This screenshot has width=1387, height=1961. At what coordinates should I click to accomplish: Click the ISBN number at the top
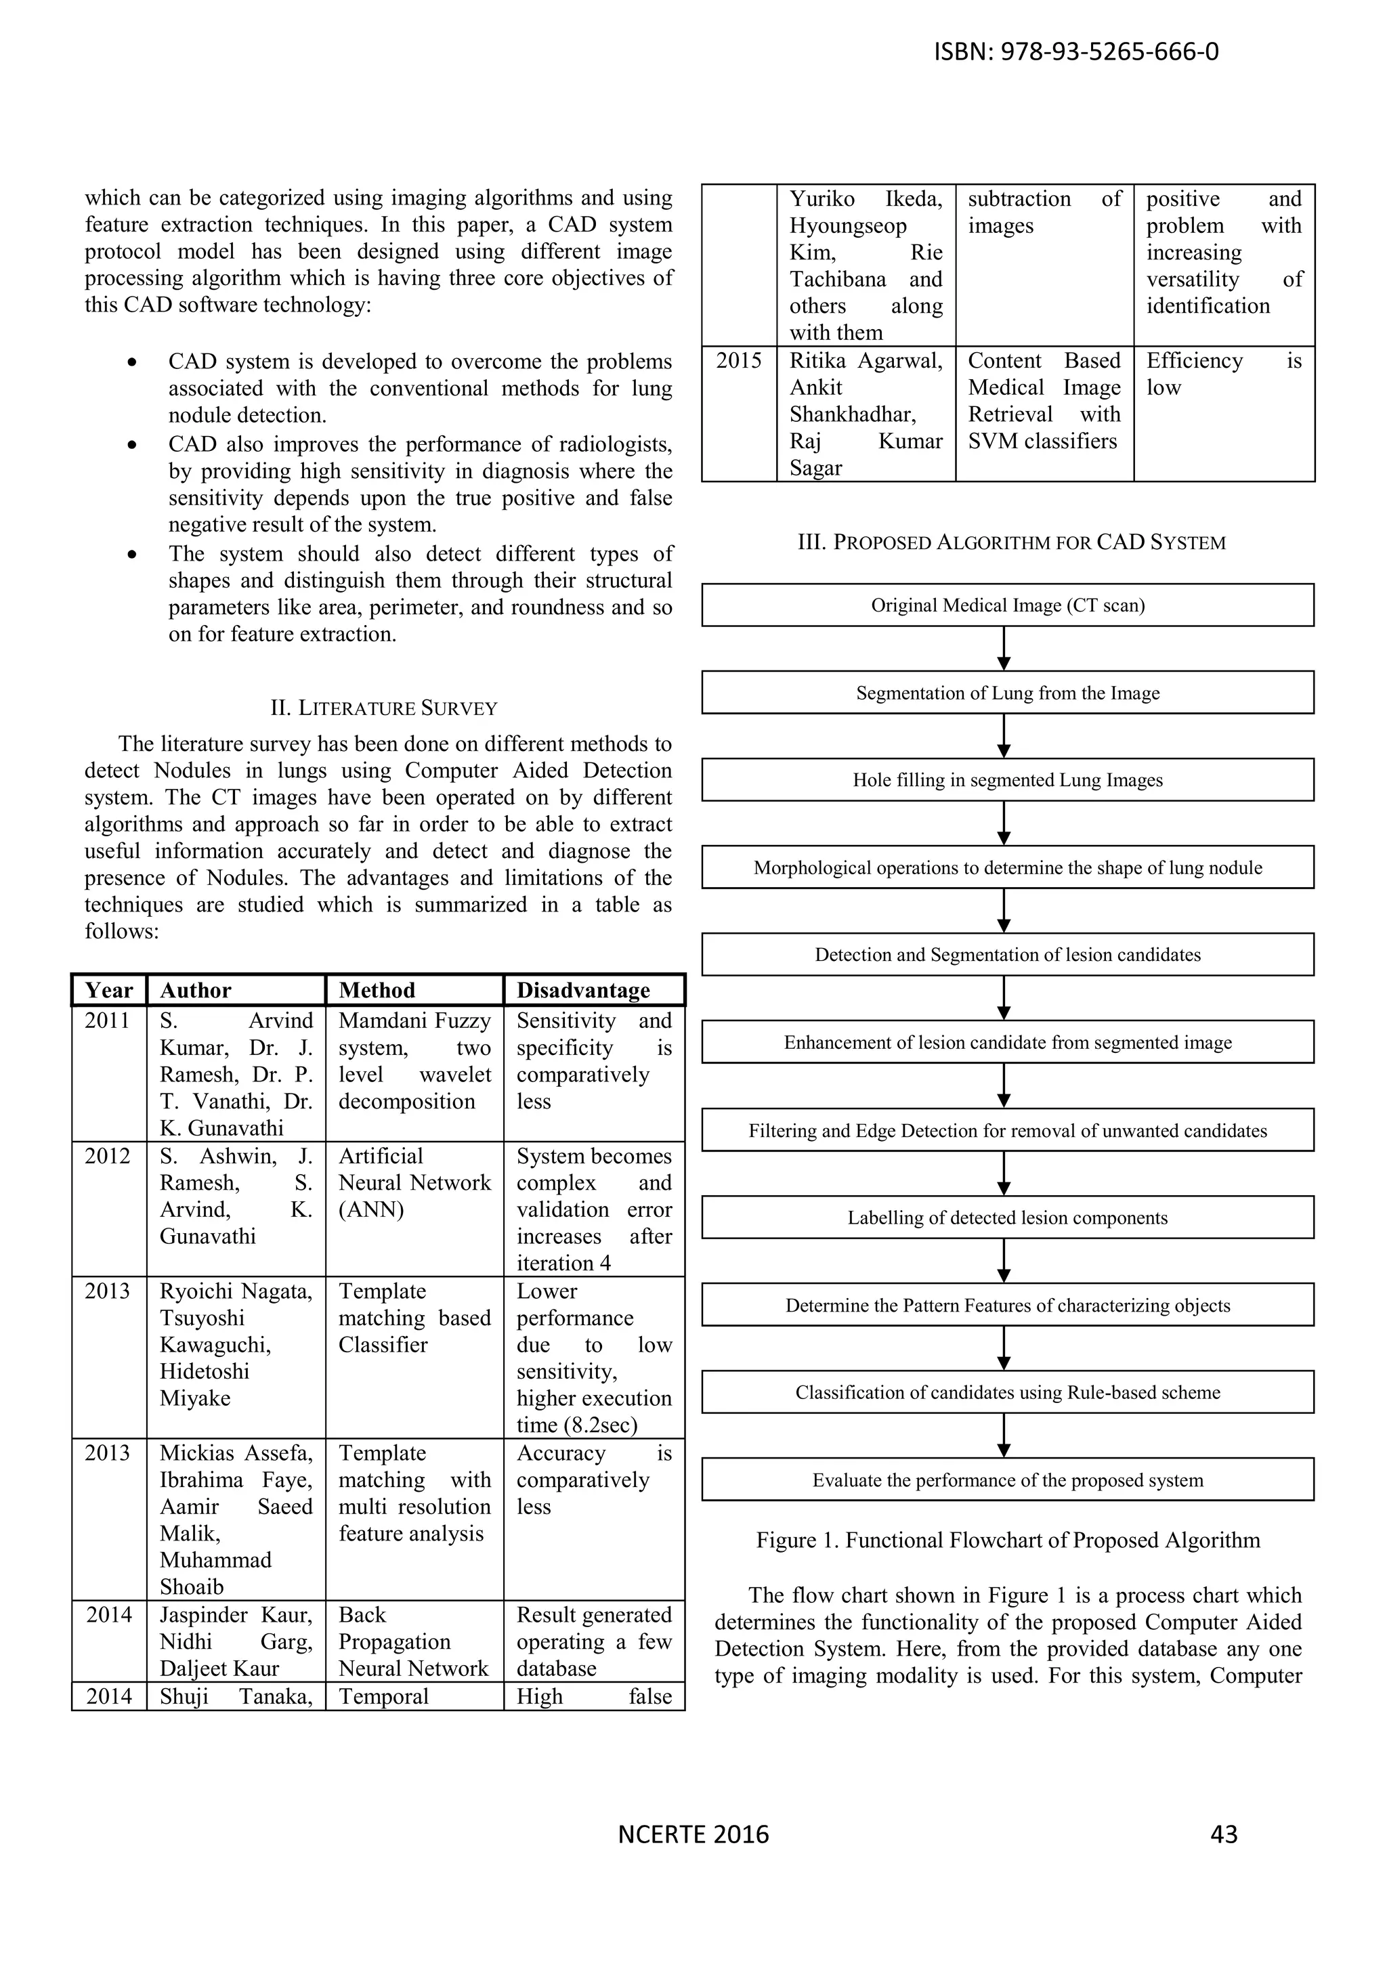[x=1076, y=52]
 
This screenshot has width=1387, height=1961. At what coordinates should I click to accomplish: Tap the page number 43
[x=1224, y=1834]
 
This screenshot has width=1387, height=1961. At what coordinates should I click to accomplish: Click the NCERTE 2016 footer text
[x=693, y=1834]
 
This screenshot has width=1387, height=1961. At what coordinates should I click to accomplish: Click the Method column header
[x=377, y=990]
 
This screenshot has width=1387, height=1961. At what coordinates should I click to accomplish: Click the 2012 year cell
[x=108, y=1157]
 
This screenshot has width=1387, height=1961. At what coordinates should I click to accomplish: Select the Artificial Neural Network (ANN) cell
[x=414, y=1183]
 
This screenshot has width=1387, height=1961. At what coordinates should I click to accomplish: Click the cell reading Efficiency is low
[x=1223, y=374]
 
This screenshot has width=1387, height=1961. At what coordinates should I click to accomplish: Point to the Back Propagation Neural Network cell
[x=414, y=1641]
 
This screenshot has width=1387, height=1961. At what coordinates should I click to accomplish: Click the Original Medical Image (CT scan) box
[x=1008, y=605]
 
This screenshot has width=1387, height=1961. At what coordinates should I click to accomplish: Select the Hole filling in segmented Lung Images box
[x=1008, y=780]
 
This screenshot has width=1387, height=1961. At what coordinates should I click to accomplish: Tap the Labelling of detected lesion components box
[x=1008, y=1218]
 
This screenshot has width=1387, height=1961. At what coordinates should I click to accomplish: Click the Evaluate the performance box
[x=1008, y=1480]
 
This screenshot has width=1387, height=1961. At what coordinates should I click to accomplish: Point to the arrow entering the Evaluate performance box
[x=1004, y=1437]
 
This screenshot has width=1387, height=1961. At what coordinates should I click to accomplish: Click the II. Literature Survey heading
[x=383, y=708]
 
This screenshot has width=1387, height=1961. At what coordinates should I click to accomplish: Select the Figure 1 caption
[x=1008, y=1540]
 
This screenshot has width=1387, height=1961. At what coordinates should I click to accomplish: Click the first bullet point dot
[x=131, y=363]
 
